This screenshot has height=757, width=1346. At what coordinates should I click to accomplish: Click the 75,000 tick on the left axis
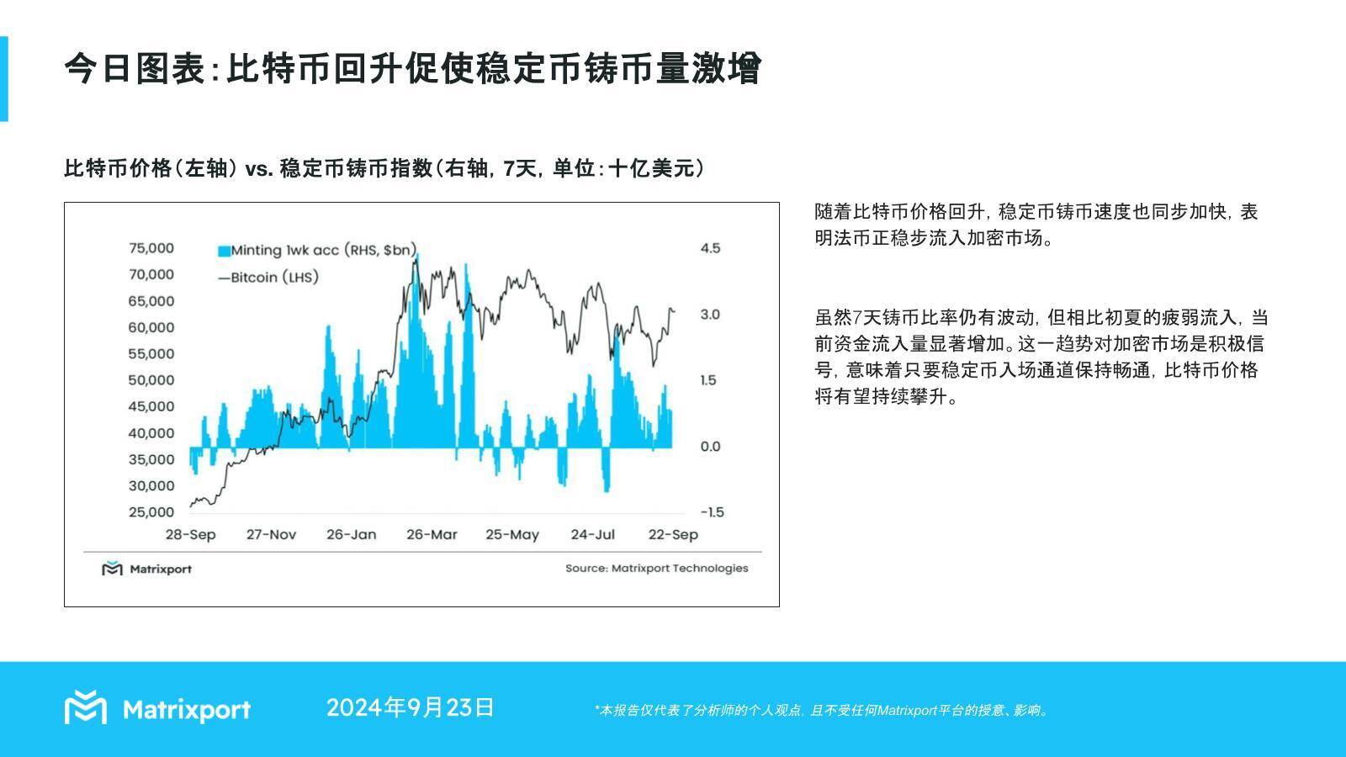tap(151, 248)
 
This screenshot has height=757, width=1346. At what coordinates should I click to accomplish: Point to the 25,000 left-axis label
tap(151, 512)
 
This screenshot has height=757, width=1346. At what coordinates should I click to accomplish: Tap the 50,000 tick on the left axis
tap(151, 380)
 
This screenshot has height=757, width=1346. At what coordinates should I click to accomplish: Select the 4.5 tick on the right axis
tap(710, 248)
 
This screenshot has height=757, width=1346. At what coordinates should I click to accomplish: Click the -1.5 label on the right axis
tap(710, 512)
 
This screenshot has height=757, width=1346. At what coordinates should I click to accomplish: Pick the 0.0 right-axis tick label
tap(710, 447)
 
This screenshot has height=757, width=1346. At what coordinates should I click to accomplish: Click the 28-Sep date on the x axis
tap(190, 535)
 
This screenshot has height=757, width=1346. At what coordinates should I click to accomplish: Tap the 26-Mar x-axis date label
tap(432, 535)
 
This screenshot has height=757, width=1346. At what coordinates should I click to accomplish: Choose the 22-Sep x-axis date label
tap(673, 535)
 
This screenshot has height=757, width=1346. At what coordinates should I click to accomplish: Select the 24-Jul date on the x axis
tap(593, 535)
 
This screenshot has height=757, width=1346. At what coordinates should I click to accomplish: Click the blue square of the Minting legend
tap(224, 251)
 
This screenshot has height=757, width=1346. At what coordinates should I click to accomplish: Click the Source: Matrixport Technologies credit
tap(656, 569)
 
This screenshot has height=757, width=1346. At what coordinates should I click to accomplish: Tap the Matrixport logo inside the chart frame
tap(146, 569)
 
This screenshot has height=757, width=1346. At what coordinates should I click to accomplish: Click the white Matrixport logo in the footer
tap(157, 708)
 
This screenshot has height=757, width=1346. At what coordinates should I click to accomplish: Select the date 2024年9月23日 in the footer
tap(410, 708)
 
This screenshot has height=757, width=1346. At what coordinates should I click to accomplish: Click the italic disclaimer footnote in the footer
tap(821, 711)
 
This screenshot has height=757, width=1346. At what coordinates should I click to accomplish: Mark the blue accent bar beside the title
tap(3, 79)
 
